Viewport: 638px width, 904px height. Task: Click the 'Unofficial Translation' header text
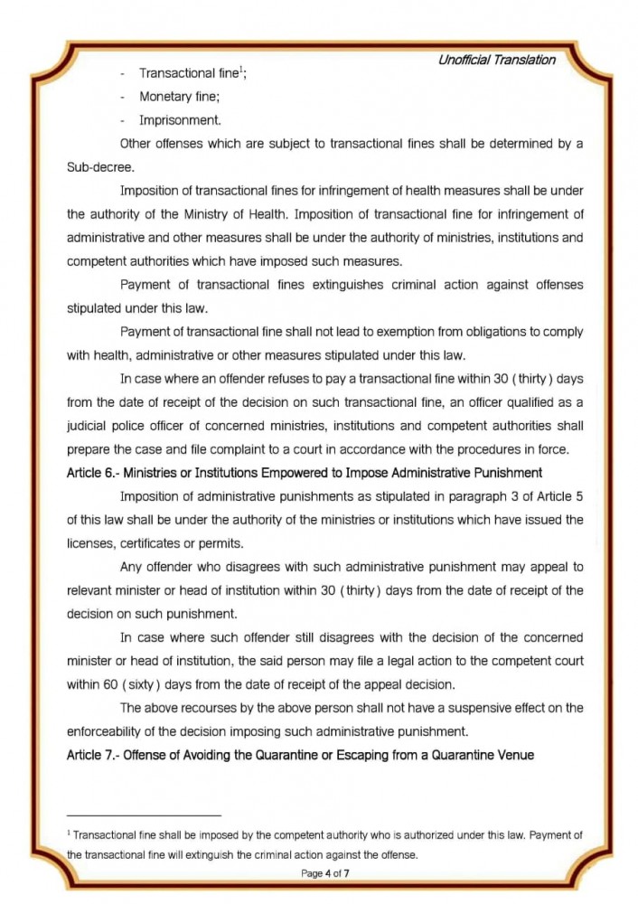(x=496, y=61)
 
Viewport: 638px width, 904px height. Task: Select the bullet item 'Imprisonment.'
(x=180, y=119)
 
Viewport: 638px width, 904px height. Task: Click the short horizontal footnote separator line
(x=144, y=816)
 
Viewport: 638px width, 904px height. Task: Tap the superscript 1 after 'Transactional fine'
(x=240, y=70)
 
